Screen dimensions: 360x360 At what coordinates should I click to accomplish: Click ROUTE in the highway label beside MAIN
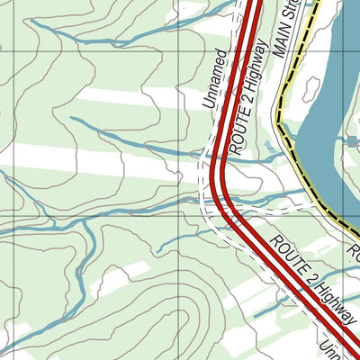[240, 136]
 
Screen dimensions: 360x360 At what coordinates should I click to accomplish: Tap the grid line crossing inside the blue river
[335, 51]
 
